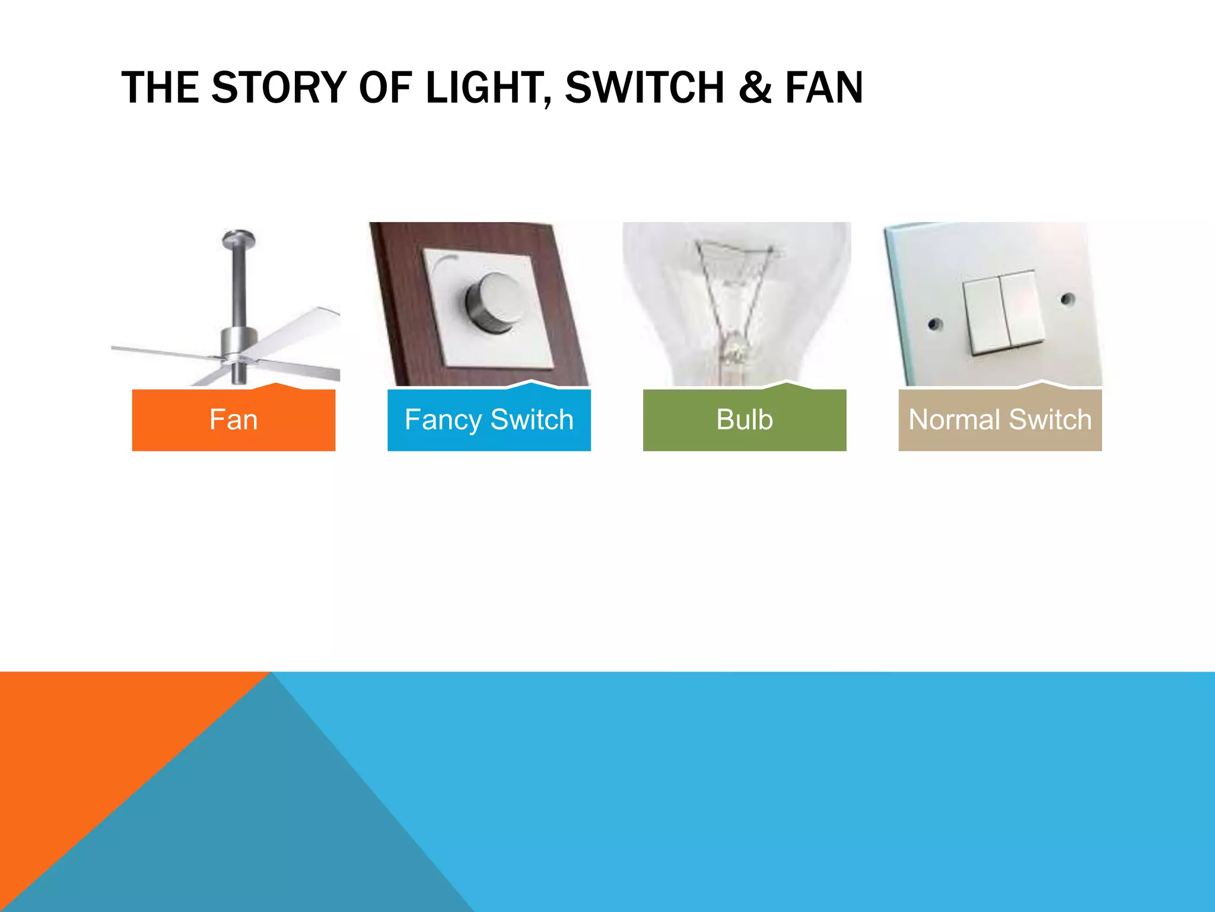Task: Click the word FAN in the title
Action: tap(824, 88)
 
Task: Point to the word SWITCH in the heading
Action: tap(645, 88)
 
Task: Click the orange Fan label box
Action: tap(233, 420)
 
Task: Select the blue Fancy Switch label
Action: tap(489, 420)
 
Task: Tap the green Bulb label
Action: tap(745, 420)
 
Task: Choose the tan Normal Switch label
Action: tap(1000, 420)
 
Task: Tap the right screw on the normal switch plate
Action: tap(1067, 299)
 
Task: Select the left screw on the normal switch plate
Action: tap(935, 324)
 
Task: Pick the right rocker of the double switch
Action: tap(1022, 308)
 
